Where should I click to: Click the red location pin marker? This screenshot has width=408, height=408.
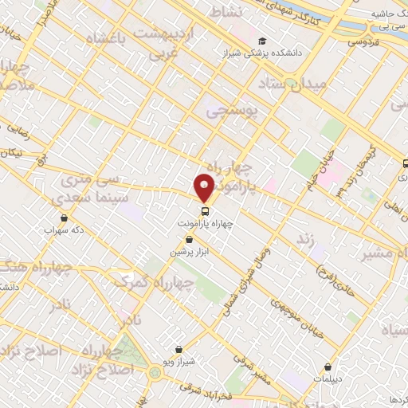pyautogui.click(x=205, y=187)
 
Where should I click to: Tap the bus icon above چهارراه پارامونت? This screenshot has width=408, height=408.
pyautogui.click(x=206, y=211)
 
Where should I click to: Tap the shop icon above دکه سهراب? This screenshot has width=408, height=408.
pyautogui.click(x=64, y=217)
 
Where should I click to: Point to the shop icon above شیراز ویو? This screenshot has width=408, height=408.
pyautogui.click(x=178, y=349)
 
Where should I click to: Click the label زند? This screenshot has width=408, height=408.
pyautogui.click(x=305, y=238)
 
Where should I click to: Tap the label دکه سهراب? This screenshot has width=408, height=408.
pyautogui.click(x=64, y=229)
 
